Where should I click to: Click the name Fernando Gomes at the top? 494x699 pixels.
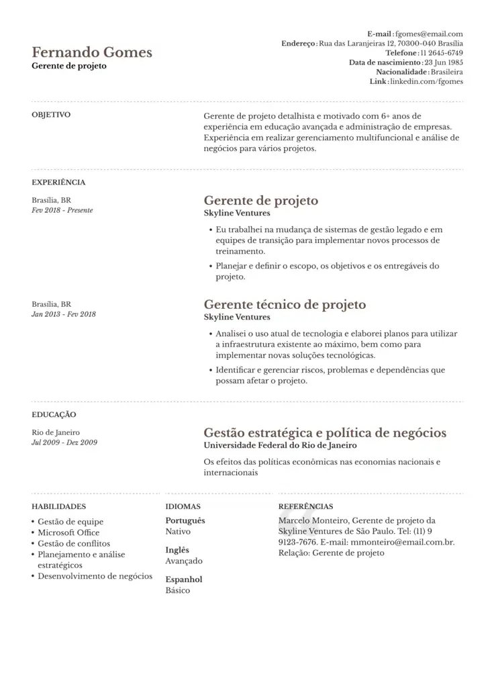92,52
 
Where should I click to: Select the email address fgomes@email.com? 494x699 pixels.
429,34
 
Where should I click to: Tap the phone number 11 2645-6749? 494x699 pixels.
442,52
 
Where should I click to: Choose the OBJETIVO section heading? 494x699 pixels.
51,115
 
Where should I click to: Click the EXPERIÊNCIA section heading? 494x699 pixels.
58,182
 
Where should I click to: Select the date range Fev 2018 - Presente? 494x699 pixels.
62,210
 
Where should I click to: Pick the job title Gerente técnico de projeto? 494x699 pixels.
285,304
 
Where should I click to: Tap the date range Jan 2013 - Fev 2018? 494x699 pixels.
64,314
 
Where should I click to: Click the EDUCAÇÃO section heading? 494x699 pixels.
54,415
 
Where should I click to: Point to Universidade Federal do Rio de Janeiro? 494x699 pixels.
280,445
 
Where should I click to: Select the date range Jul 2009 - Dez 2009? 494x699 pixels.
64,442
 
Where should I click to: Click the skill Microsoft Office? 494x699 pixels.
68,532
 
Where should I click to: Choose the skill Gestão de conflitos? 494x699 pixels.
74,543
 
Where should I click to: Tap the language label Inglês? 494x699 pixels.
177,550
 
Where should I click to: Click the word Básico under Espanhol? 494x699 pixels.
178,590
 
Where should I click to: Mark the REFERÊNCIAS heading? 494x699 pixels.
305,507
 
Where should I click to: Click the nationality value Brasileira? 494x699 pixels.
446,72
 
